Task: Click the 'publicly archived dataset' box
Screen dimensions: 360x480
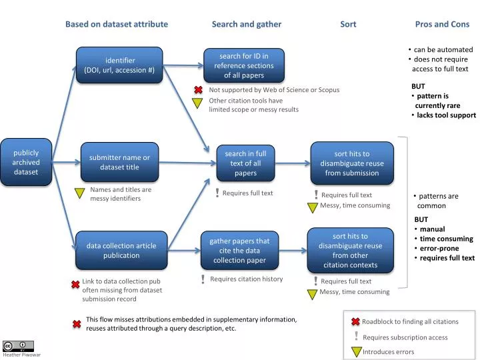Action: tap(26, 162)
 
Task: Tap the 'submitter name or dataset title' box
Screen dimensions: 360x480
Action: tap(119, 163)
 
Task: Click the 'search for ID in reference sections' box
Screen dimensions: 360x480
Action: tap(244, 65)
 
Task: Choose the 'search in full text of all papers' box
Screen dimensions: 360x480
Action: tap(245, 163)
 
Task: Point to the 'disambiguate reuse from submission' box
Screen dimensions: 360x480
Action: tap(351, 163)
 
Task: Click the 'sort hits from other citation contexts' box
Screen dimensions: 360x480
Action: tap(350, 251)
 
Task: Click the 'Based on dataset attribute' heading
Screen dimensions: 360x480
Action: tap(117, 24)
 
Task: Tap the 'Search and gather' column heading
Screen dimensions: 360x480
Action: tap(247, 24)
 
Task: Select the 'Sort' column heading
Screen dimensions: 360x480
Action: tap(348, 24)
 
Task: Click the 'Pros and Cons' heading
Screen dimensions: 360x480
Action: tap(442, 24)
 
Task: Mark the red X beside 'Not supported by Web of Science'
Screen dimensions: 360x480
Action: tap(198, 90)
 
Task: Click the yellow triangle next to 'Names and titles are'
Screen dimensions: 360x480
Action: tap(79, 193)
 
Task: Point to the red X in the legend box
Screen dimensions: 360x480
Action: tap(355, 322)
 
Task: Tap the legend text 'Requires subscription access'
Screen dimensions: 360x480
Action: tap(405, 337)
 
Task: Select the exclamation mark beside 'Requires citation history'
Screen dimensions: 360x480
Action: tap(203, 279)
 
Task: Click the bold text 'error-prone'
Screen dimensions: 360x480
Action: tap(439, 249)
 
